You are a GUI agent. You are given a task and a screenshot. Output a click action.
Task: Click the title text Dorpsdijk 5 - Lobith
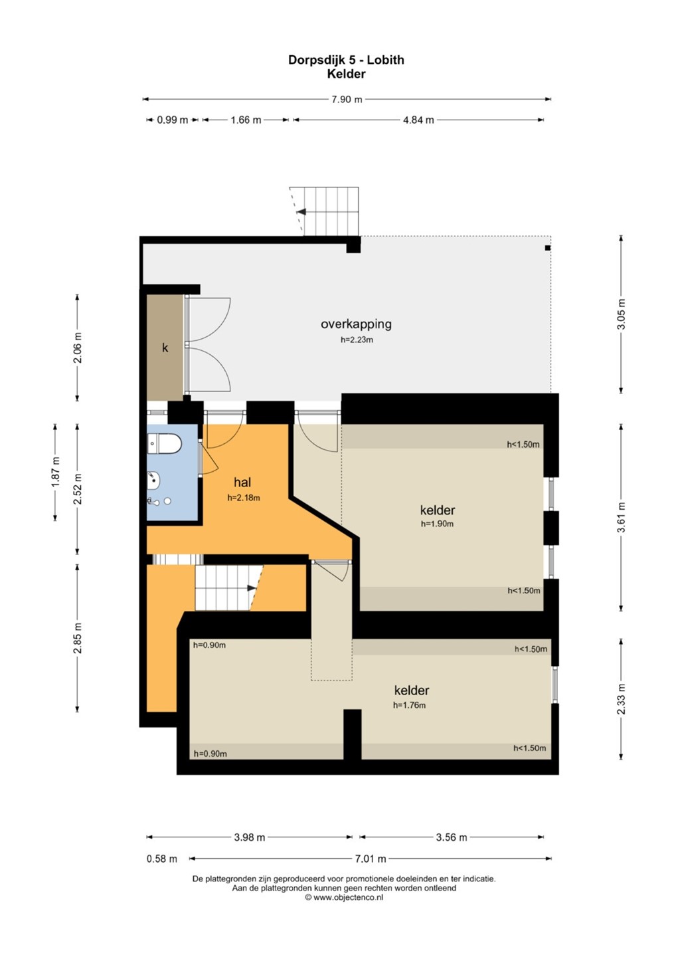[x=346, y=60]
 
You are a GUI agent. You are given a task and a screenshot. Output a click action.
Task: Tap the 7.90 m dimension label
[x=347, y=100]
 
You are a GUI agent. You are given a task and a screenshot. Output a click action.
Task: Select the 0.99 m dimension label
[x=173, y=120]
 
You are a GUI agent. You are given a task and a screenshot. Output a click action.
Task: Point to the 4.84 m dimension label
[x=418, y=120]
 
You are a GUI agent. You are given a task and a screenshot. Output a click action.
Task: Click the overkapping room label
[x=356, y=324]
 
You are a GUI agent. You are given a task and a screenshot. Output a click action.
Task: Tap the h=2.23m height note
[x=357, y=340]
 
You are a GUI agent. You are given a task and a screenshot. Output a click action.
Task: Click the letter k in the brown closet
[x=165, y=348]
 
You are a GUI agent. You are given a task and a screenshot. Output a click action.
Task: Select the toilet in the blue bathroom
[x=164, y=444]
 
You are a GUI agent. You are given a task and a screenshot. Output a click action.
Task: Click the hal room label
[x=242, y=482]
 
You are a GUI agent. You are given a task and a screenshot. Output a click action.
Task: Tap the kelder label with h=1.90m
[x=438, y=510]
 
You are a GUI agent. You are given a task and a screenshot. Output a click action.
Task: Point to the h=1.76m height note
[x=409, y=705]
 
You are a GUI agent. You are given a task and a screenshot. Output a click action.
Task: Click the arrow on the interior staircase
[x=252, y=588]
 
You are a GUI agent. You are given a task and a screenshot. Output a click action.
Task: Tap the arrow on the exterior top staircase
[x=301, y=211]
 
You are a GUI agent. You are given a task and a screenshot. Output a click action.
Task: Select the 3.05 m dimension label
[x=622, y=314]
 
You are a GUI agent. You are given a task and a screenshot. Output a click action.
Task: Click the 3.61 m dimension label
[x=622, y=517]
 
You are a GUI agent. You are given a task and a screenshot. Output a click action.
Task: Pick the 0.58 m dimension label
[x=162, y=859]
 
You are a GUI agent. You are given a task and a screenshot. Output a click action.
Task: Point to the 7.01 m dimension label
[x=371, y=859]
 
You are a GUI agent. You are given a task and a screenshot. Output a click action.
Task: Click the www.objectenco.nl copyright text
[x=344, y=897]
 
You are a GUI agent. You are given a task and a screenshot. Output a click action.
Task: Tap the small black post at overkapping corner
[x=548, y=248]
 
